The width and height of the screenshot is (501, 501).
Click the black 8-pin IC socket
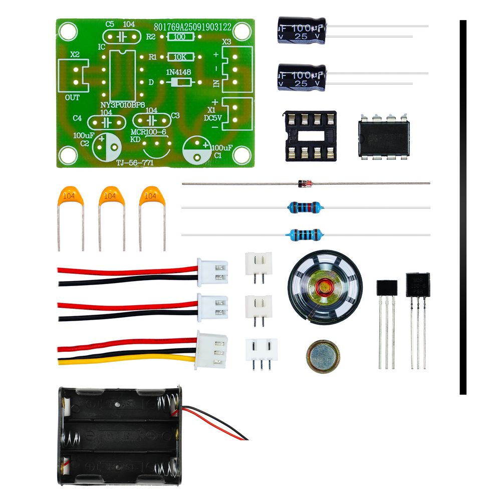[x=311, y=135]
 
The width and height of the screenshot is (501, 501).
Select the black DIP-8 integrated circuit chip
[x=384, y=137]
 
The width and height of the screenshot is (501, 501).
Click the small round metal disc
[x=323, y=356]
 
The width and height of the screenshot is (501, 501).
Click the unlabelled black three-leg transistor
[x=386, y=288]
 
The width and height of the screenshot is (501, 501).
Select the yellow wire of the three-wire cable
[x=125, y=360]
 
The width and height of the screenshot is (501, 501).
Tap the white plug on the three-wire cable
[x=212, y=350]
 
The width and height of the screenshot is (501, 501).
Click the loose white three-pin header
[x=261, y=349]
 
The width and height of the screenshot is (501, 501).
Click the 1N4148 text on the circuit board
[x=178, y=72]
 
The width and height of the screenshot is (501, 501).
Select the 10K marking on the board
[x=179, y=57]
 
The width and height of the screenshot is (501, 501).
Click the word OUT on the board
[x=73, y=98]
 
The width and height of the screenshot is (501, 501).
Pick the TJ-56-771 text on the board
[x=134, y=163]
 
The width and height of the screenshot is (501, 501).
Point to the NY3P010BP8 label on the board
[x=123, y=105]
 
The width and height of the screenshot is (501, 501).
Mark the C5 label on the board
[x=110, y=24]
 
